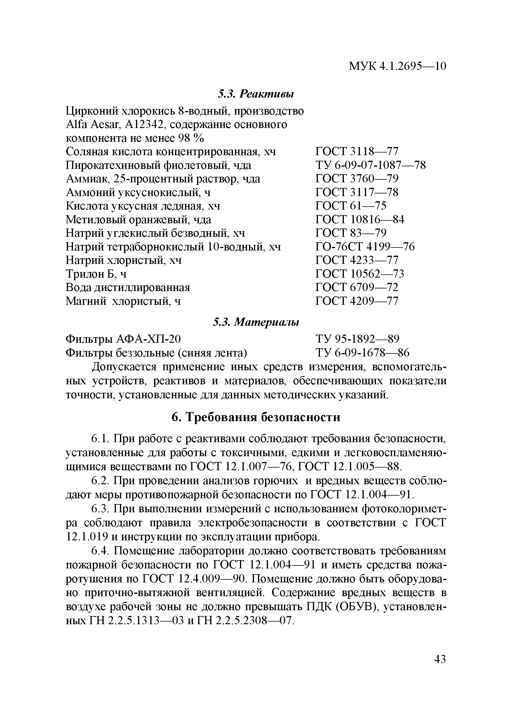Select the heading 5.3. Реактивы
256,94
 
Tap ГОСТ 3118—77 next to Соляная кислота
357,152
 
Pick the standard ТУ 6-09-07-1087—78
370,165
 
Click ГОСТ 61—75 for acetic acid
351,206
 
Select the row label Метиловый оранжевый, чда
138,219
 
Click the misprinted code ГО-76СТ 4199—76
365,247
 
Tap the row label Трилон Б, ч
96,274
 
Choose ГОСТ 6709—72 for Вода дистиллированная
357,287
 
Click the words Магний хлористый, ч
123,301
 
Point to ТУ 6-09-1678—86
362,353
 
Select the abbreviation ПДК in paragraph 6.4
318,607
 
